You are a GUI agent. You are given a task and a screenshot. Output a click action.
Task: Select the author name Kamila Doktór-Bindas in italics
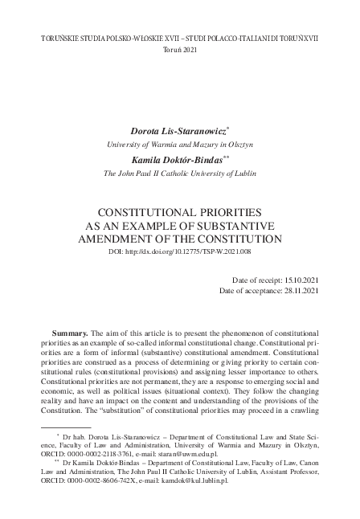pyautogui.click(x=178, y=159)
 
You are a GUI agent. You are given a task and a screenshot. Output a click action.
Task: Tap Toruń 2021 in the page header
pyautogui.click(x=180, y=50)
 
